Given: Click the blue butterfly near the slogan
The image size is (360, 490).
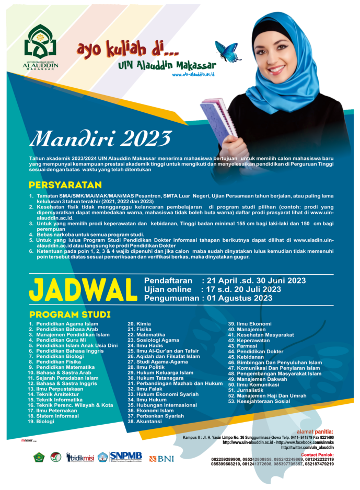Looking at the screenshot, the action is (228, 51).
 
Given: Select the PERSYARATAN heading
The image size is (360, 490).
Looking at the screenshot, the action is (65, 185).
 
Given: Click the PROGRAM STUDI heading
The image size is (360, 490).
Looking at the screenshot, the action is (69, 314).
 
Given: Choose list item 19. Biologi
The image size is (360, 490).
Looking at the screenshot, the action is (41, 421).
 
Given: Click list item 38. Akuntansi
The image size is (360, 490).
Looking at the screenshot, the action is (145, 421).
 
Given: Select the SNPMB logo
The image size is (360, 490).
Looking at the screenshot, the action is (125, 457).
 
